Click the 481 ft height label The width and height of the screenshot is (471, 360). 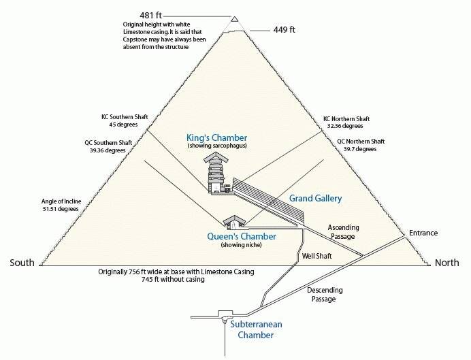pyautogui.click(x=151, y=15)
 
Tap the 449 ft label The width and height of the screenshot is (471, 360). pyautogui.click(x=284, y=30)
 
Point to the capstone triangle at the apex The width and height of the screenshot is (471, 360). pyautogui.click(x=235, y=19)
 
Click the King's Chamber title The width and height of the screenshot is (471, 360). pyautogui.click(x=217, y=137)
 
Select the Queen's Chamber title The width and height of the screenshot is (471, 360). pyautogui.click(x=242, y=236)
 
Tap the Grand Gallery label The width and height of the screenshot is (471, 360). pyautogui.click(x=315, y=198)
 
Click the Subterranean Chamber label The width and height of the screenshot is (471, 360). pyautogui.click(x=256, y=329)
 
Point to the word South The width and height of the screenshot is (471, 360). pyautogui.click(x=22, y=263)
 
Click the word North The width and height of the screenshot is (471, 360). pyautogui.click(x=447, y=263)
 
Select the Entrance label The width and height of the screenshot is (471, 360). pyautogui.click(x=423, y=233)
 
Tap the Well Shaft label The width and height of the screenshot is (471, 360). pyautogui.click(x=317, y=256)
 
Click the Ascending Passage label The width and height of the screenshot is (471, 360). pyautogui.click(x=343, y=232)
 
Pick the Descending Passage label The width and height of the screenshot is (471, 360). pyautogui.click(x=325, y=294)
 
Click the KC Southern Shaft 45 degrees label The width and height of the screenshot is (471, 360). pyautogui.click(x=125, y=120)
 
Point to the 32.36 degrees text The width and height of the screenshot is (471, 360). pyautogui.click(x=345, y=126)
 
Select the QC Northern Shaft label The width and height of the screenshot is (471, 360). pyautogui.click(x=361, y=141)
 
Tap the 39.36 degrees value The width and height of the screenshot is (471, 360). pyautogui.click(x=108, y=150)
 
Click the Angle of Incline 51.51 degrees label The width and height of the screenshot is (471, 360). pyautogui.click(x=61, y=205)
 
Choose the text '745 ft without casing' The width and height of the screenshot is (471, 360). pyautogui.click(x=173, y=279)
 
